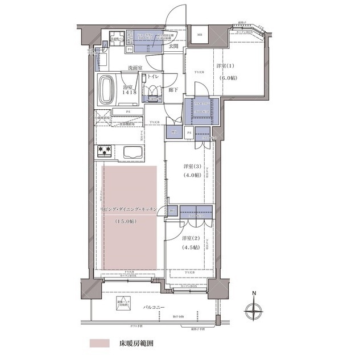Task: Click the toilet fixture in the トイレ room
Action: point(152,91)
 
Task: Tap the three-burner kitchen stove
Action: point(105,151)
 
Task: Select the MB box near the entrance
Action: point(200,35)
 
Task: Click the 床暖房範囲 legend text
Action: point(135,344)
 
